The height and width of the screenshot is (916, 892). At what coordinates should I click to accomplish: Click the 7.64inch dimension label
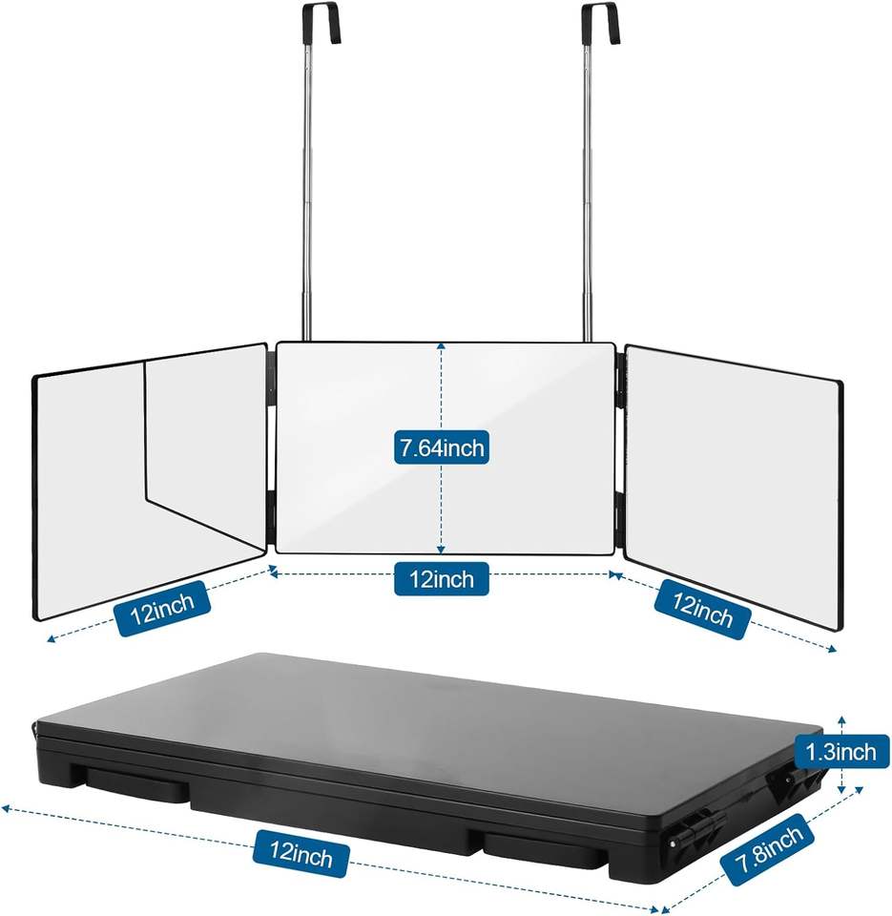point(442,447)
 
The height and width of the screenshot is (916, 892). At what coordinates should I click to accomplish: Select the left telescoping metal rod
point(308,191)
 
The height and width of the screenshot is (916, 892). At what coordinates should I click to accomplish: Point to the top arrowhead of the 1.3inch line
point(840,718)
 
